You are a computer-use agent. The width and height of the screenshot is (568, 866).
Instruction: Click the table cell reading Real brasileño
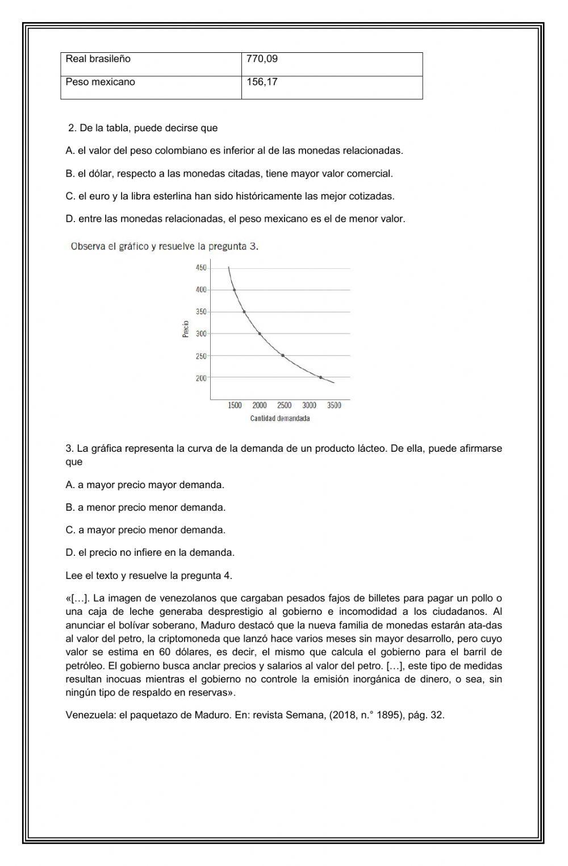click(98, 59)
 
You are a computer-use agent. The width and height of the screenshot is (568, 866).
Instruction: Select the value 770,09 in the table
click(262, 59)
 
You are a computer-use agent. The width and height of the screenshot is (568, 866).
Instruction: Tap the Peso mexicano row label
click(101, 82)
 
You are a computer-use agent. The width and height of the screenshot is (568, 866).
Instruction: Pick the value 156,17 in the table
click(262, 82)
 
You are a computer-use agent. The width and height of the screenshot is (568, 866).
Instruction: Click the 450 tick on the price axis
click(201, 268)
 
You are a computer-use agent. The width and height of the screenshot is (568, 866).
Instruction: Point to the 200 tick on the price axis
click(201, 378)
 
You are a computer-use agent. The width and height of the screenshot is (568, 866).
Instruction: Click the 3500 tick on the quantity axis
click(334, 405)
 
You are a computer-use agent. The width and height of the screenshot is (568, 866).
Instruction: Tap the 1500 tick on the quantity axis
click(235, 405)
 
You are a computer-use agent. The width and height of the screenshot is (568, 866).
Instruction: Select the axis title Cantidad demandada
click(280, 419)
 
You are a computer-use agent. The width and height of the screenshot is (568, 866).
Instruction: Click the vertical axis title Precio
click(185, 330)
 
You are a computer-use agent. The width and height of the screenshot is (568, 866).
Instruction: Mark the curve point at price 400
click(234, 290)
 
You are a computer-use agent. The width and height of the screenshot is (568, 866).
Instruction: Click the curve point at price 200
click(320, 377)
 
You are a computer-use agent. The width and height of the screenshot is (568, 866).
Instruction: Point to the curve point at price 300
click(260, 334)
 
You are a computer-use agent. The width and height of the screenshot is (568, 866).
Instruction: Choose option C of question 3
click(145, 530)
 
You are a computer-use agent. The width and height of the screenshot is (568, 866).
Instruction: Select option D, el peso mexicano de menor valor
click(235, 219)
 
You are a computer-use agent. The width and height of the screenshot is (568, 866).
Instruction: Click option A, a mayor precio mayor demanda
click(145, 485)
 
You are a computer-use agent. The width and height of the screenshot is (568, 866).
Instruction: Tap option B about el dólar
click(229, 173)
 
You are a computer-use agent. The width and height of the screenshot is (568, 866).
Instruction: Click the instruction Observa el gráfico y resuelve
click(164, 247)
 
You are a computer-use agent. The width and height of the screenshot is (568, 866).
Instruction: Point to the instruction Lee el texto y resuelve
click(149, 575)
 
